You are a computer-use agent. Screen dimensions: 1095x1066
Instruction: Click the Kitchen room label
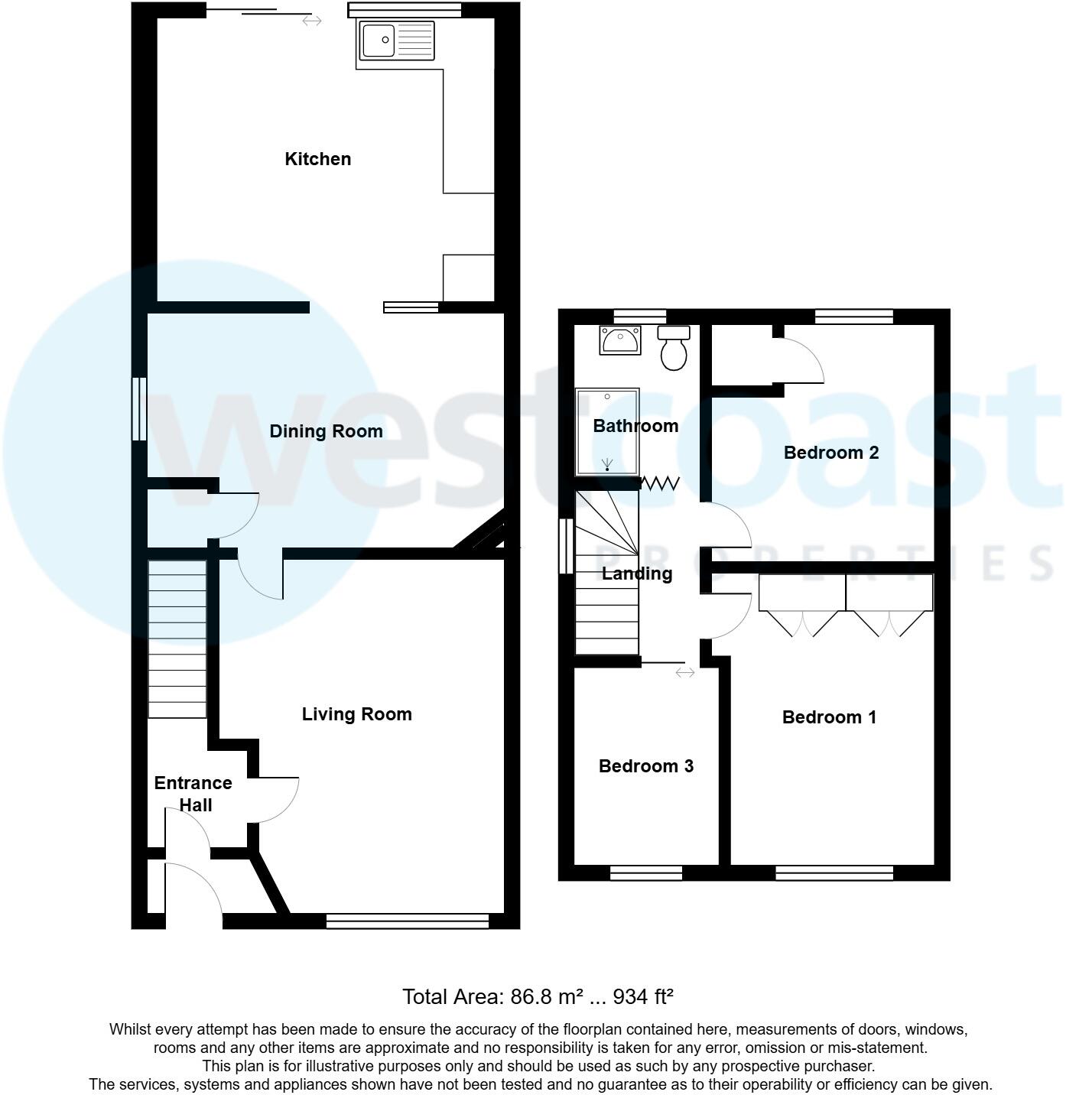317,159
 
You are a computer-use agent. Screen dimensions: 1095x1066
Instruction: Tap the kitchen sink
395,40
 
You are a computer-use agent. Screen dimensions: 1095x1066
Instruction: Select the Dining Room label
326,431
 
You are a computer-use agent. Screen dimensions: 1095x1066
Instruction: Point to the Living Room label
356,714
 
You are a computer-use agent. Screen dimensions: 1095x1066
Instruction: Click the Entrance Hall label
193,794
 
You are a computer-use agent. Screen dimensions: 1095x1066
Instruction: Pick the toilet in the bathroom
674,348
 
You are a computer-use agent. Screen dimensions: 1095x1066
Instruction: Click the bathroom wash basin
620,340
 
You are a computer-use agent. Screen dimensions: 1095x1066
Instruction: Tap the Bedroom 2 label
830,453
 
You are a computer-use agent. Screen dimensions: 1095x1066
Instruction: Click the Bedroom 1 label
829,717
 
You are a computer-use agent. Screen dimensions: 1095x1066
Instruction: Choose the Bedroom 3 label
645,766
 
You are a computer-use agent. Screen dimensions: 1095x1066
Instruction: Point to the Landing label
636,573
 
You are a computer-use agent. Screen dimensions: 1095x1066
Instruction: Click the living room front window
407,921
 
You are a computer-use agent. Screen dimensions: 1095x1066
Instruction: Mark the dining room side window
138,408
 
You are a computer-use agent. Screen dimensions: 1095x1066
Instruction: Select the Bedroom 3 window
645,873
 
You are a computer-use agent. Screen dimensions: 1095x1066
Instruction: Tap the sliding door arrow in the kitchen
311,21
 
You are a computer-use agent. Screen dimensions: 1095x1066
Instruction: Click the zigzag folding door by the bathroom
660,483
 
